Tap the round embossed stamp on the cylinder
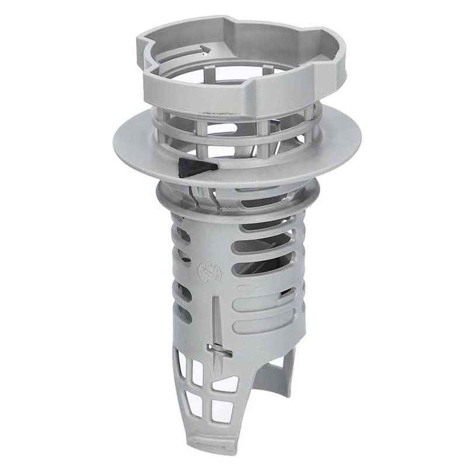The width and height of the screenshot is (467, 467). pyautogui.click(x=210, y=272)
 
